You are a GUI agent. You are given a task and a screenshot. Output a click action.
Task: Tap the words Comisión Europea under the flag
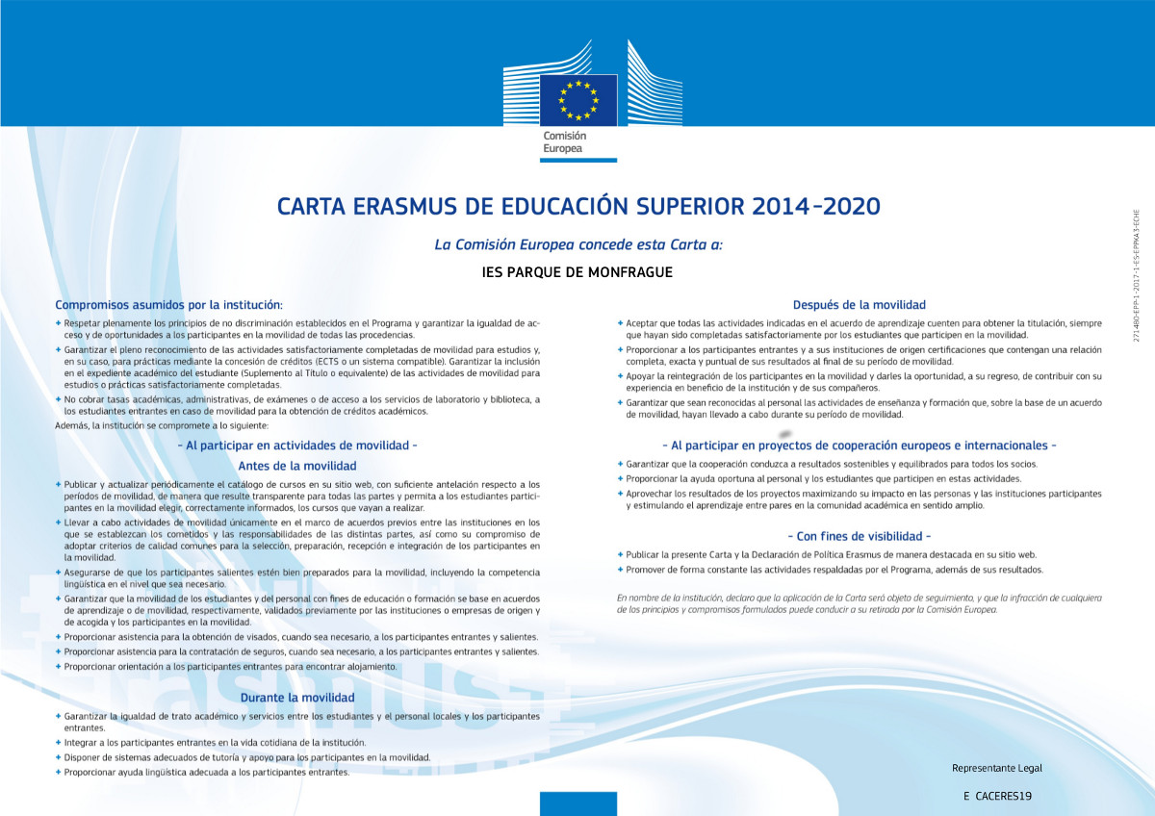564,142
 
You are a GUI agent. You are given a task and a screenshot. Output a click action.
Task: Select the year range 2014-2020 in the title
818,206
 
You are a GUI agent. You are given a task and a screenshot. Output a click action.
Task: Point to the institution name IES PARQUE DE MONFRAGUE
577,272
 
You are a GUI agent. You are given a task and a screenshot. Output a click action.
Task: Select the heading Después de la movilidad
860,304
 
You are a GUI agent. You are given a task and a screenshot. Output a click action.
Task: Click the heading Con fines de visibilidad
860,535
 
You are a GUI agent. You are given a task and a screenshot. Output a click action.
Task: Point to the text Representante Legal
996,768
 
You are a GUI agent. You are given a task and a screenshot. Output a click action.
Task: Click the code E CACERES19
996,797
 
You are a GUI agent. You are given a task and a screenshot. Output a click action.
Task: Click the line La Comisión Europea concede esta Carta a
577,244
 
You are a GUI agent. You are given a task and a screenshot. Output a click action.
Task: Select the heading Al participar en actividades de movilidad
296,446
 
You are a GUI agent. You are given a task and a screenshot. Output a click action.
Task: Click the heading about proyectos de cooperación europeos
860,446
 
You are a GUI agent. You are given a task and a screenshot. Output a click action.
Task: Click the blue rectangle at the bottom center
577,803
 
